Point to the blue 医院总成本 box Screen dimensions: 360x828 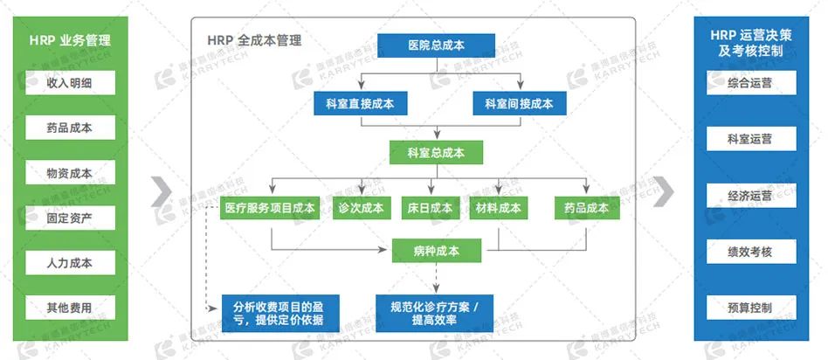point(437,45)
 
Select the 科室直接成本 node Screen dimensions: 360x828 point(354,104)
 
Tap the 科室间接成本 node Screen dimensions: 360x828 point(519,104)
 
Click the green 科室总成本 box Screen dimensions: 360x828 point(436,154)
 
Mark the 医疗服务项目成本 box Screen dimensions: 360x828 point(271,208)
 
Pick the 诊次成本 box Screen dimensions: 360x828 point(360,208)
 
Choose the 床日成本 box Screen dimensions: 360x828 point(430,208)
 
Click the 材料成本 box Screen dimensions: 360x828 point(499,208)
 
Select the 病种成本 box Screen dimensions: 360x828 point(437,251)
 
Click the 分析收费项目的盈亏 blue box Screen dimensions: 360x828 point(279,312)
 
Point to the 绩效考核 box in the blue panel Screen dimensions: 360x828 point(749,252)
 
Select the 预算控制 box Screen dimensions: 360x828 point(749,308)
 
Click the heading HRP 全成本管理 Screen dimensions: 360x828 point(254,40)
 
